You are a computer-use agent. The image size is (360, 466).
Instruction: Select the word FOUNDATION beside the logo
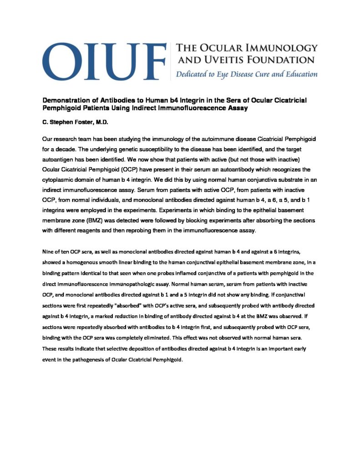coord(283,60)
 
